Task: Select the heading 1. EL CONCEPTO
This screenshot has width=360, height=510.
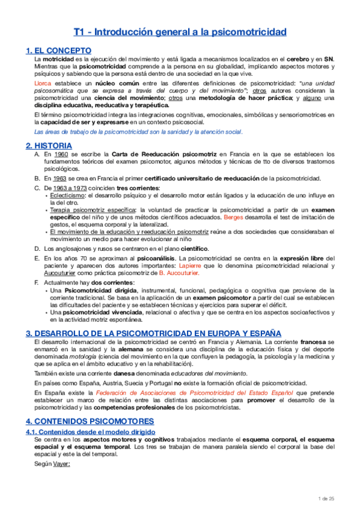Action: (59, 51)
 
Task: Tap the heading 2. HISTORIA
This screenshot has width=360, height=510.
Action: (49, 146)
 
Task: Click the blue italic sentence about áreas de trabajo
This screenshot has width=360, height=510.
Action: (138, 131)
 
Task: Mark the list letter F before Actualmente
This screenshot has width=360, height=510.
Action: (37, 282)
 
